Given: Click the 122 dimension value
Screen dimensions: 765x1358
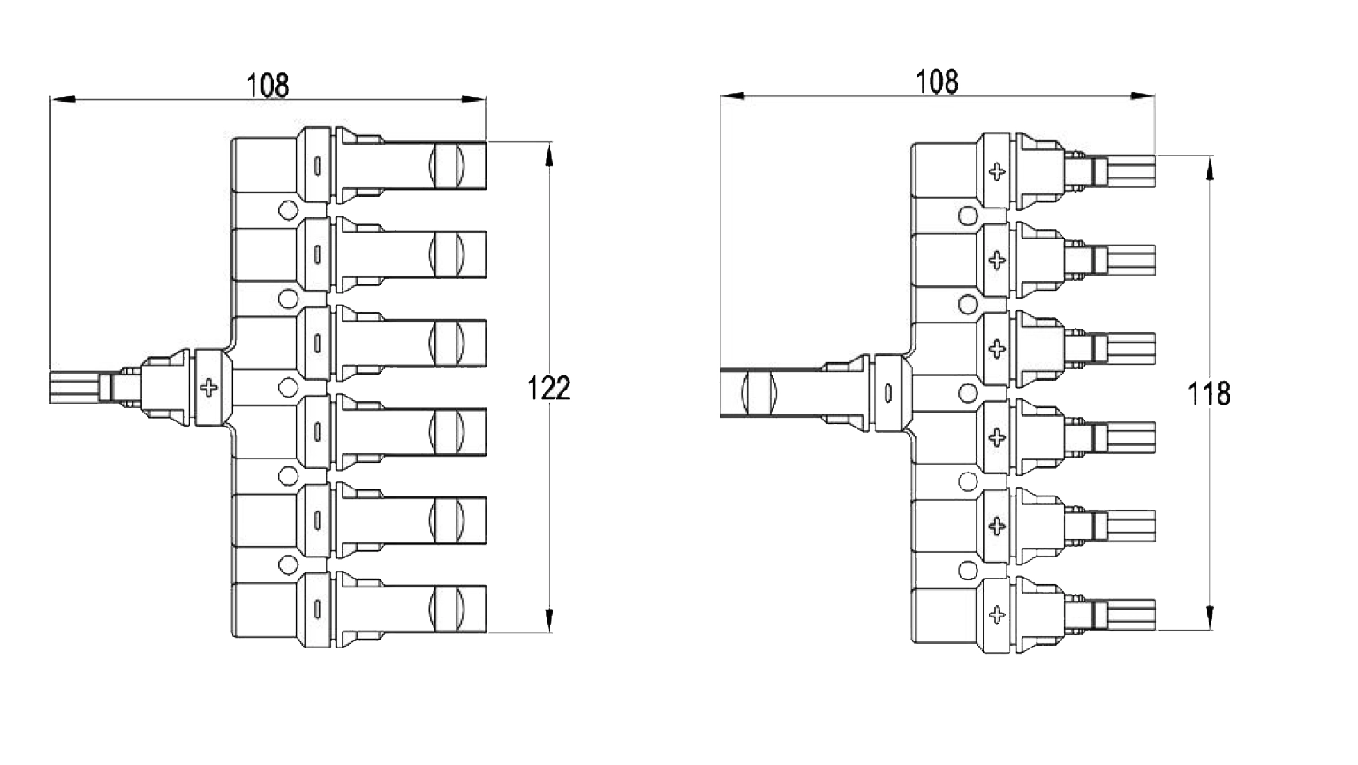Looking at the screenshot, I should pos(549,388).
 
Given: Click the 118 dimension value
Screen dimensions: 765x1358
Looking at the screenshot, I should pos(1209,393).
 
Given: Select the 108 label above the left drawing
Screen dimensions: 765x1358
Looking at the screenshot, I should pos(268,86).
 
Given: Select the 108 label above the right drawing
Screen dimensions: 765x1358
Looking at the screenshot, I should pos(937,81).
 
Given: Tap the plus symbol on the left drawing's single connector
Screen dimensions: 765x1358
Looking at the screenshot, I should pos(209,388).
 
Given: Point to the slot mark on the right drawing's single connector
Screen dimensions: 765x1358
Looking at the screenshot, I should pos(888,391).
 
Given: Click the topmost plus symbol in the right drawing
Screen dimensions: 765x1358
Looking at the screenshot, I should pos(997,171).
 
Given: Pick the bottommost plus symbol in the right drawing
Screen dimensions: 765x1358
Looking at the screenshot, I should pos(997,615).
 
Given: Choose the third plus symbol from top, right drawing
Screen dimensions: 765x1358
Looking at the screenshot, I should pos(997,349).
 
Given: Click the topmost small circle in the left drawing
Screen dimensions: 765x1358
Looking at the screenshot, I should pos(287,210).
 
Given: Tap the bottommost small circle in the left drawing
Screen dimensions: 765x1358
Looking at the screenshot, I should pos(287,564).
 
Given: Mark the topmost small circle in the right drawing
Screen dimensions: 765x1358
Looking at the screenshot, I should pos(968,216).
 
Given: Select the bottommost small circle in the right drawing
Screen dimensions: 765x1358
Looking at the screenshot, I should pos(968,570).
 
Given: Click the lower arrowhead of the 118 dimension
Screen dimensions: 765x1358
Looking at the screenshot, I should pos(1209,617).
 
